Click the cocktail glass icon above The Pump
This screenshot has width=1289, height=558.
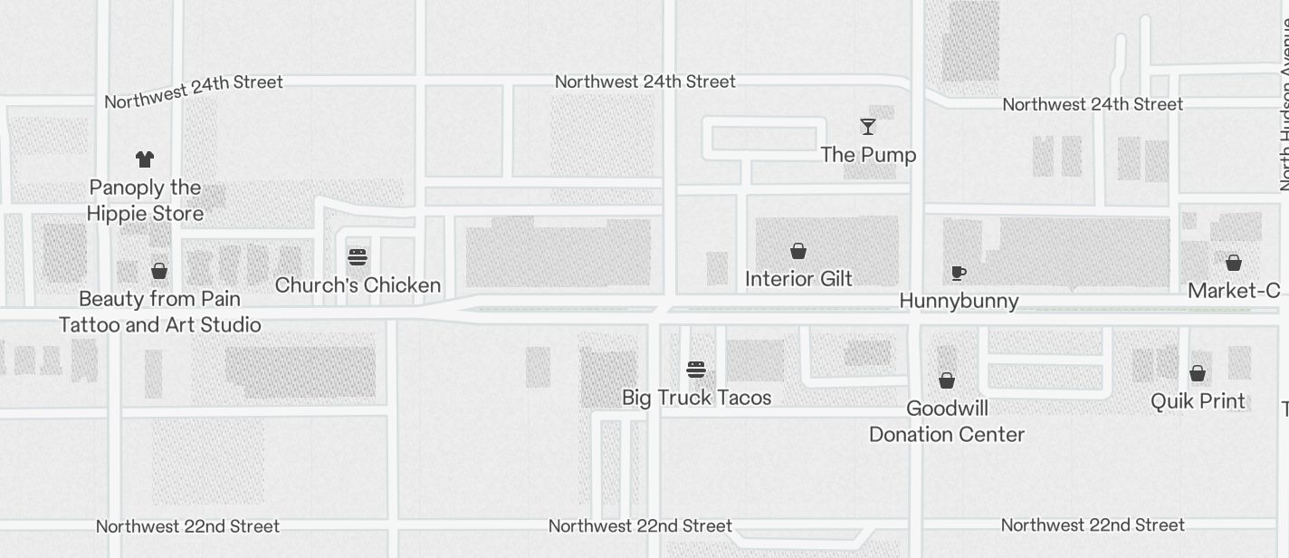pyautogui.click(x=868, y=127)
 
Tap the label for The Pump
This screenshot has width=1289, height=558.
pyautogui.click(x=868, y=155)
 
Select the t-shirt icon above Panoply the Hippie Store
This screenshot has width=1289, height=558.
pyautogui.click(x=145, y=159)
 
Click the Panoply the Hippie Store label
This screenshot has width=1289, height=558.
pyautogui.click(x=145, y=200)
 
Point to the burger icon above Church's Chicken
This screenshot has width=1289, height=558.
pyautogui.click(x=358, y=257)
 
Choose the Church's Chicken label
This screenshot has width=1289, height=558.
pyautogui.click(x=358, y=285)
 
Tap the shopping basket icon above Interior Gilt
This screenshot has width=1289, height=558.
pyautogui.click(x=798, y=251)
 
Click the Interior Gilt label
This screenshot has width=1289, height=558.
pyautogui.click(x=798, y=279)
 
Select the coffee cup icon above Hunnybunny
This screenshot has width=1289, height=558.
pyautogui.click(x=959, y=273)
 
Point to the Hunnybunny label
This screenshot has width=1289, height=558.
pyautogui.click(x=959, y=301)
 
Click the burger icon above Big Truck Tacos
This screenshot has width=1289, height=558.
pyautogui.click(x=696, y=370)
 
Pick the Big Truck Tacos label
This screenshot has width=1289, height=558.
pyautogui.click(x=696, y=398)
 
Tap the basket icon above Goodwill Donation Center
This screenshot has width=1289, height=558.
pyautogui.click(x=947, y=380)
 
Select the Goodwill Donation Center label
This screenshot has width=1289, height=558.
pyautogui.click(x=947, y=421)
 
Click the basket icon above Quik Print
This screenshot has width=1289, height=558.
pyautogui.click(x=1198, y=373)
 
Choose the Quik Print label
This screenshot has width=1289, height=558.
pyautogui.click(x=1198, y=401)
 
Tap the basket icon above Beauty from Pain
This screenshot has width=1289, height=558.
pyautogui.click(x=159, y=271)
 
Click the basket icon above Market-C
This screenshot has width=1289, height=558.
pyautogui.click(x=1233, y=263)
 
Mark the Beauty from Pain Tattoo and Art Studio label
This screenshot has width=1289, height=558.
pyautogui.click(x=159, y=312)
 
